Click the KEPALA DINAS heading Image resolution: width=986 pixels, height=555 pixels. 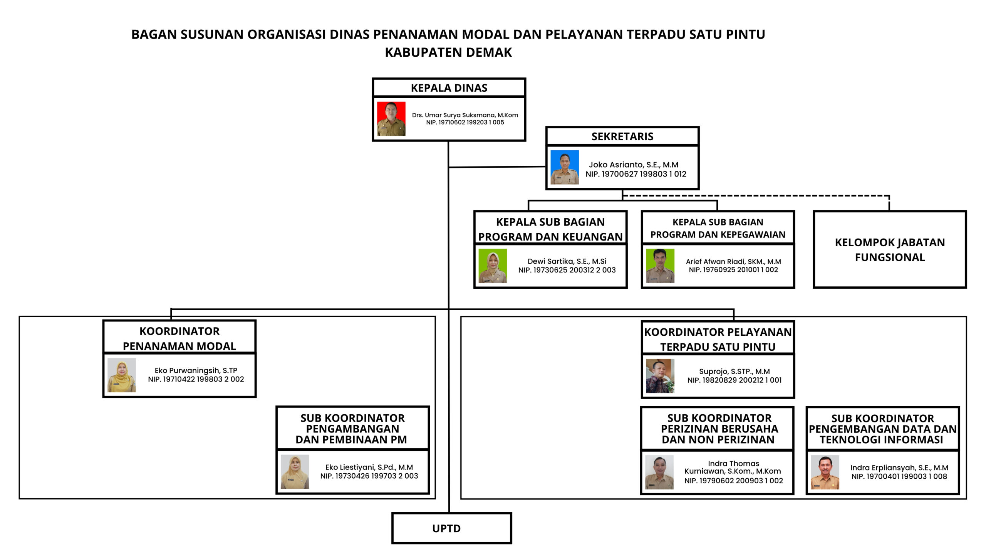(449, 88)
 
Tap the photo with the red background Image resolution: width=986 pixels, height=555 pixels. (391, 119)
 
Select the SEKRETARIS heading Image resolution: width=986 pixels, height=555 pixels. (622, 136)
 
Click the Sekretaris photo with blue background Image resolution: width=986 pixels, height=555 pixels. (565, 167)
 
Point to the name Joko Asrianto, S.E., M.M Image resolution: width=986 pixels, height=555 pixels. (634, 165)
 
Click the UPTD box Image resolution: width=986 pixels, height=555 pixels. (451, 528)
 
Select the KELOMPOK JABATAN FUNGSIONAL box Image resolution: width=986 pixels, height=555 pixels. (890, 249)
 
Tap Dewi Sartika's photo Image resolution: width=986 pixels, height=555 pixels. (493, 266)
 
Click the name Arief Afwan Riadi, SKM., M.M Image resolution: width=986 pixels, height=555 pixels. (733, 261)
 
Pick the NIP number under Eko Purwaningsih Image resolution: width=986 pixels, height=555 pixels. (196, 379)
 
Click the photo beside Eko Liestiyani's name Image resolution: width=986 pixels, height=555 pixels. (295, 472)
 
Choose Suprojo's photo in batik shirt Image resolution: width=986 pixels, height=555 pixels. (660, 376)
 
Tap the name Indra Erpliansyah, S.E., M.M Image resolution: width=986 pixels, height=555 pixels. (899, 468)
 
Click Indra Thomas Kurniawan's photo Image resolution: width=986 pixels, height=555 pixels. (659, 473)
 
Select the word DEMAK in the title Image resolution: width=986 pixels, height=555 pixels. (489, 52)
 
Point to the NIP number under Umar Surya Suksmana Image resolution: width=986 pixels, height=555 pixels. (465, 122)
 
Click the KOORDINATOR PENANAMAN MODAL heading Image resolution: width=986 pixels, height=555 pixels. (179, 338)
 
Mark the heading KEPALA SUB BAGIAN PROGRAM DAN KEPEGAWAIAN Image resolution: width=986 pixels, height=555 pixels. (718, 228)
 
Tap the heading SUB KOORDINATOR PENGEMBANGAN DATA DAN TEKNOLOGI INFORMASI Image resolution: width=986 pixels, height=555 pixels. (882, 429)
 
